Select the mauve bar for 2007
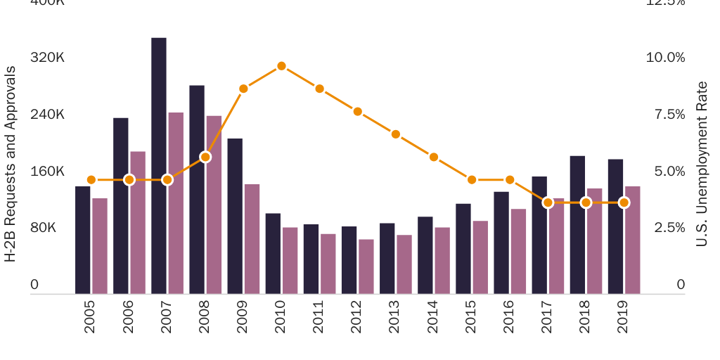(x=176, y=203)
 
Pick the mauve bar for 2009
(x=252, y=239)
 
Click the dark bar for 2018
(x=577, y=225)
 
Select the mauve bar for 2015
(x=480, y=257)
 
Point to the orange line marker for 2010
(x=281, y=66)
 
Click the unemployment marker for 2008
(x=205, y=157)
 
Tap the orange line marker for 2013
(x=396, y=134)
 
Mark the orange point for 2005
(x=91, y=180)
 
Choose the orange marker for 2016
(x=510, y=180)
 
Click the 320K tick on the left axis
(x=47, y=58)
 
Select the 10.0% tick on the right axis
(x=665, y=58)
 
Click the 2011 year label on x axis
(x=319, y=317)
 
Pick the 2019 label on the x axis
(x=623, y=317)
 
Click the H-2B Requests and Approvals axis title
(x=11, y=164)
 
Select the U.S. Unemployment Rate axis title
(x=702, y=164)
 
